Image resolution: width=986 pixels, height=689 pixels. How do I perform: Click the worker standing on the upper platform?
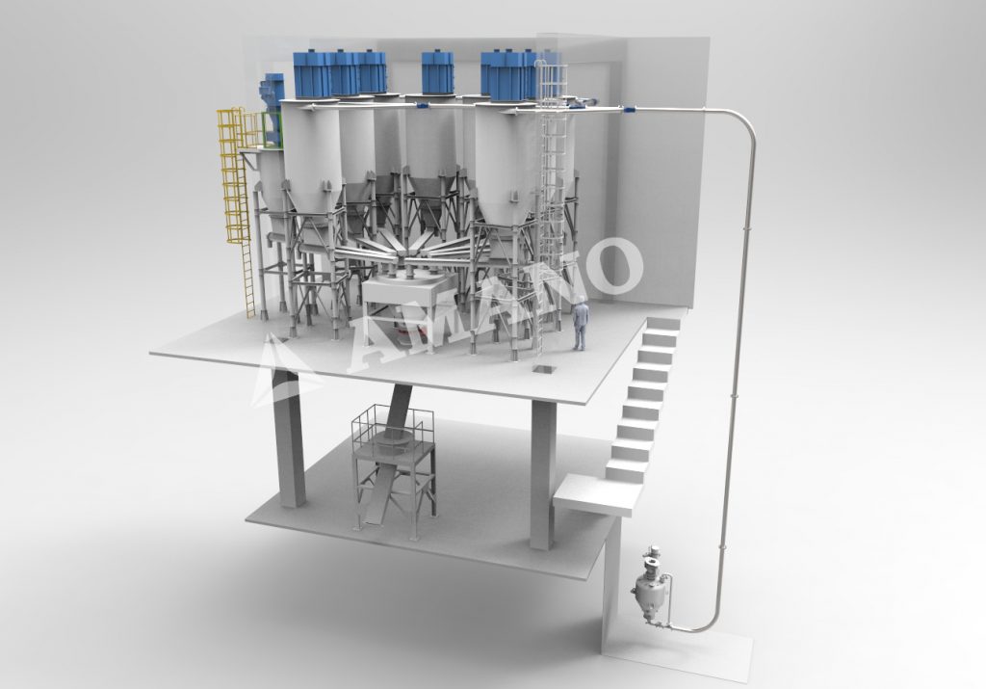point(580,324)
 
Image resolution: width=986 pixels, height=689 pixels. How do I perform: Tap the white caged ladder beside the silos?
point(551,189)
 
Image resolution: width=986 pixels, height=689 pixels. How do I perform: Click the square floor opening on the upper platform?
point(541,369)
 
